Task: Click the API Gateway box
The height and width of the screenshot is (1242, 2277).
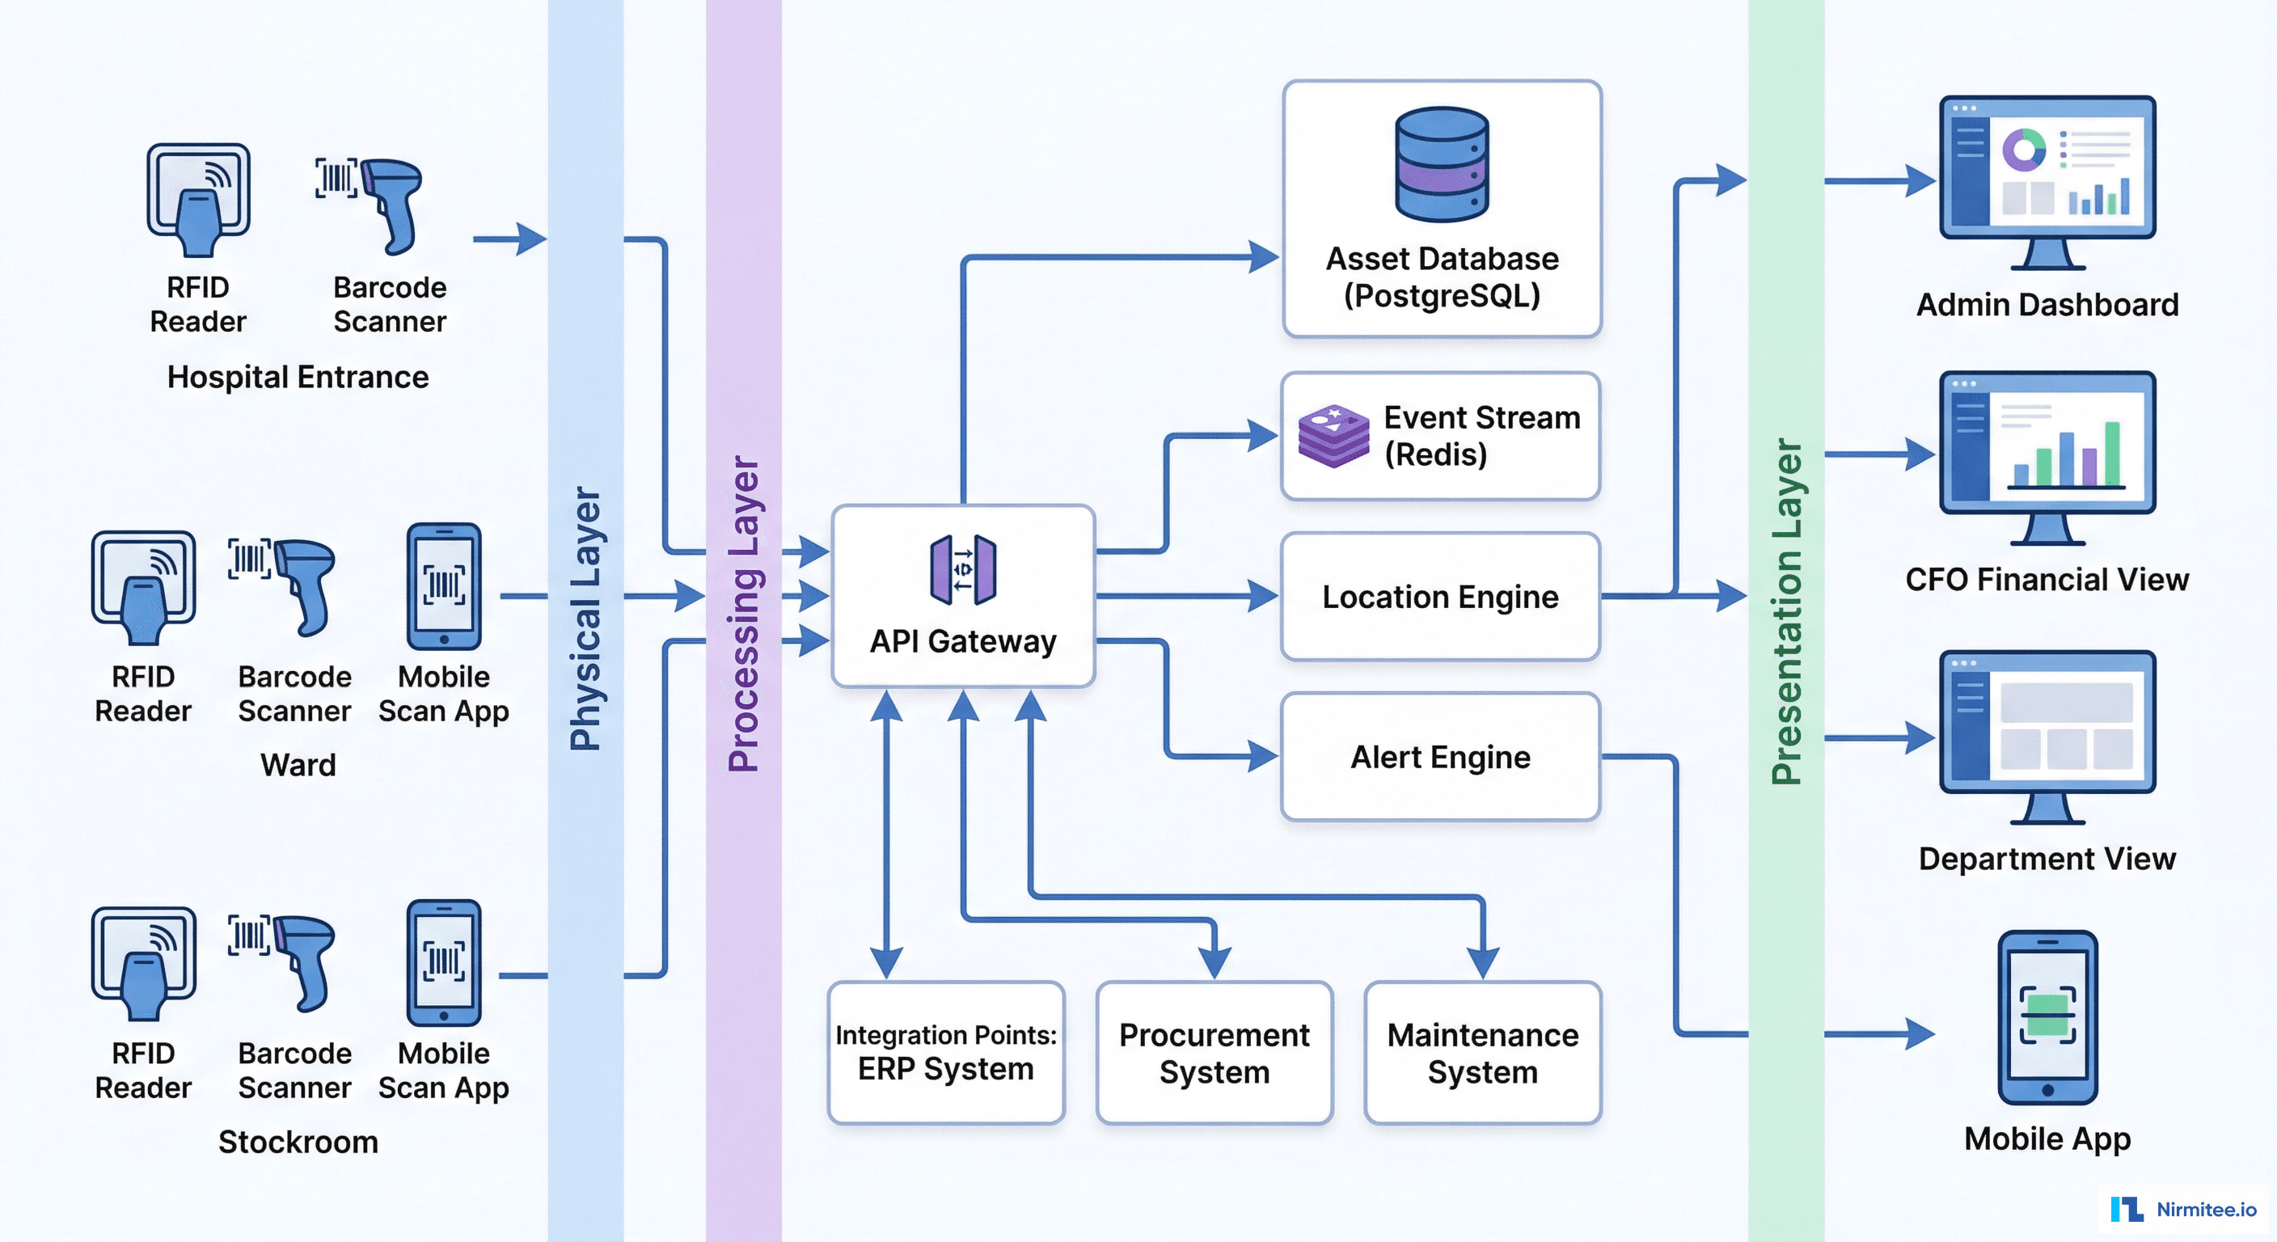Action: click(962, 597)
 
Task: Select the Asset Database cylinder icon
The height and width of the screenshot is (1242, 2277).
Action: click(1442, 164)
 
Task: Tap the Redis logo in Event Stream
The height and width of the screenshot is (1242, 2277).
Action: click(1333, 436)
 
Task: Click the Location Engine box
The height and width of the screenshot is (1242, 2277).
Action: click(1440, 597)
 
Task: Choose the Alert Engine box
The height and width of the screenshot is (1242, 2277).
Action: click(1440, 757)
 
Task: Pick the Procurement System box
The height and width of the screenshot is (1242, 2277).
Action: click(1214, 1053)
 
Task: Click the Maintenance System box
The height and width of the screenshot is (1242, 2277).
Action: click(1482, 1053)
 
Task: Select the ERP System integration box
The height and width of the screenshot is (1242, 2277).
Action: click(946, 1053)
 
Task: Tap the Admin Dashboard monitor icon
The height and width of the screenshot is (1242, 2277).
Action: click(2047, 181)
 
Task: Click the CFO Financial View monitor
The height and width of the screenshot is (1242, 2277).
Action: click(2047, 455)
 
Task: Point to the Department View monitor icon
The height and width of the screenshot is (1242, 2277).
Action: click(2047, 736)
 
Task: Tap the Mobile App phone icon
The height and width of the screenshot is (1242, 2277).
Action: click(2047, 1016)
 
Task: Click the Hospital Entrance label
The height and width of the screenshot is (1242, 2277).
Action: click(298, 378)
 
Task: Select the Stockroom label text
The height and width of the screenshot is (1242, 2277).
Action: click(298, 1142)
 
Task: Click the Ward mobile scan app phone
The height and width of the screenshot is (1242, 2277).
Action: click(444, 586)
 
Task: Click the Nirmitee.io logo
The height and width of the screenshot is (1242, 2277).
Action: click(2183, 1208)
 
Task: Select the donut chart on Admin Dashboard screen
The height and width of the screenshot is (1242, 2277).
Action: click(2023, 149)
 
